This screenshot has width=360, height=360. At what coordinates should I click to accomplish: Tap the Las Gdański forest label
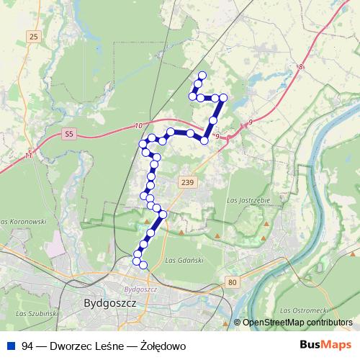(181, 260)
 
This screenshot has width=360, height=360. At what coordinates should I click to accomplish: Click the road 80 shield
(232, 282)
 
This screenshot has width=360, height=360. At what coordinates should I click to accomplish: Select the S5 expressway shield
(69, 133)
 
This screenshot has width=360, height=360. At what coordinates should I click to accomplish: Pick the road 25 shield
(34, 36)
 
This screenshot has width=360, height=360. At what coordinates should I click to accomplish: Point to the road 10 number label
(138, 127)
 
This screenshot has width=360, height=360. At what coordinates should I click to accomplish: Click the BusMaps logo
(325, 345)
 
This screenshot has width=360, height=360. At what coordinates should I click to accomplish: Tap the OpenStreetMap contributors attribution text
(297, 322)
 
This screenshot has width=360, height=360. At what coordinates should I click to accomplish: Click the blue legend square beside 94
(9, 346)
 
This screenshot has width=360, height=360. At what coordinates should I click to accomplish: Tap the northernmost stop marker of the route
(202, 76)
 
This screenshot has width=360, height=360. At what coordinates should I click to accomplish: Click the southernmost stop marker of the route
(143, 266)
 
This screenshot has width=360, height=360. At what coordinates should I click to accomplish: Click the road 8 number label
(301, 67)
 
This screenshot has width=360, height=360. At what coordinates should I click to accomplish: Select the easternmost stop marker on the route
(223, 97)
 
